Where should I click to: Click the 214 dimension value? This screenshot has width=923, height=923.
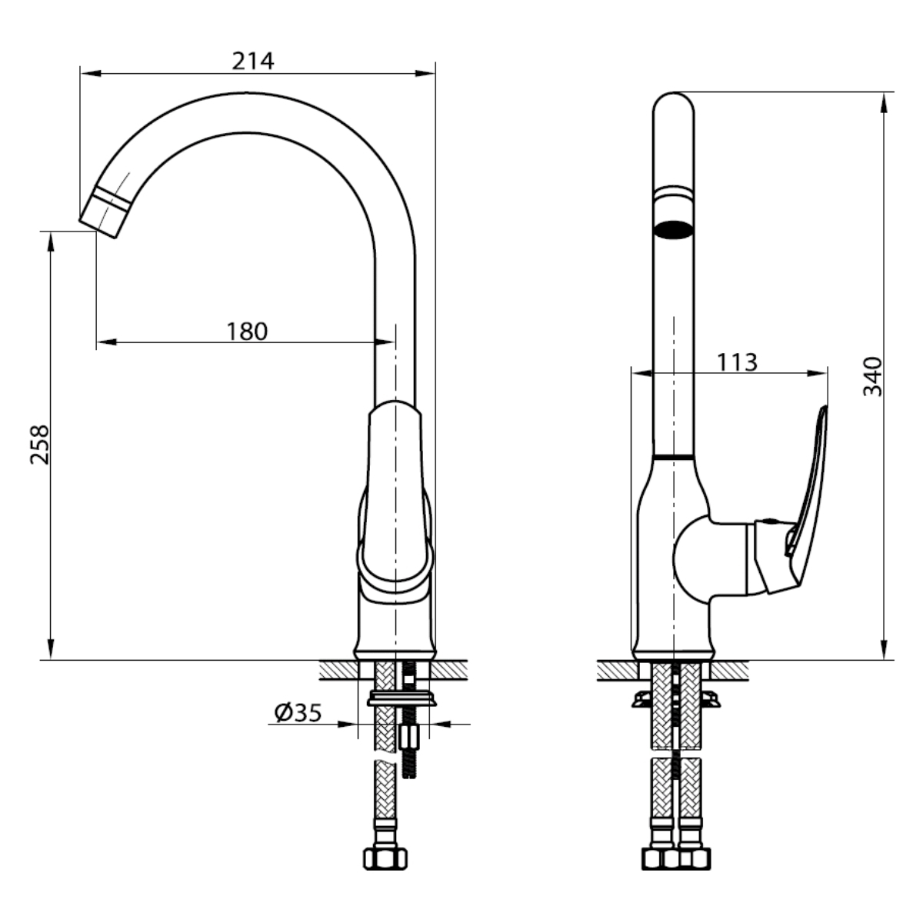253,62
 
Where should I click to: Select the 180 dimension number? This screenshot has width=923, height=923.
247,331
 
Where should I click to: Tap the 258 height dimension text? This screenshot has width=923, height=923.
40,444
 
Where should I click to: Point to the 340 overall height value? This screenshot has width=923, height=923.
872,376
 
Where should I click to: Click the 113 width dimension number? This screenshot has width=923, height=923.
737,362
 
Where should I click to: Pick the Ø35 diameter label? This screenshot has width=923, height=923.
298,713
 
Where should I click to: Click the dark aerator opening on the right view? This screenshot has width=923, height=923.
674,229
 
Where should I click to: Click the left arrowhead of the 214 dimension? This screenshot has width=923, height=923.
91,73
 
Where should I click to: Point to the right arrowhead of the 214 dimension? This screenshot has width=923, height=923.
425,73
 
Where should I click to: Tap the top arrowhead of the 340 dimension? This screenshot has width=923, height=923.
885,102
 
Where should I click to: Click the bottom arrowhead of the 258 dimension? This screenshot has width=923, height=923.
50,649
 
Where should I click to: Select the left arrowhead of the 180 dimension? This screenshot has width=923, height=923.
107,342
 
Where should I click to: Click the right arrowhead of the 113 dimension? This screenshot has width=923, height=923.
817,372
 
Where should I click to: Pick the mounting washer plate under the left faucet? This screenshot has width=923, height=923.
402,699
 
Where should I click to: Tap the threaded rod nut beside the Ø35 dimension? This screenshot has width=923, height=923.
408,737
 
